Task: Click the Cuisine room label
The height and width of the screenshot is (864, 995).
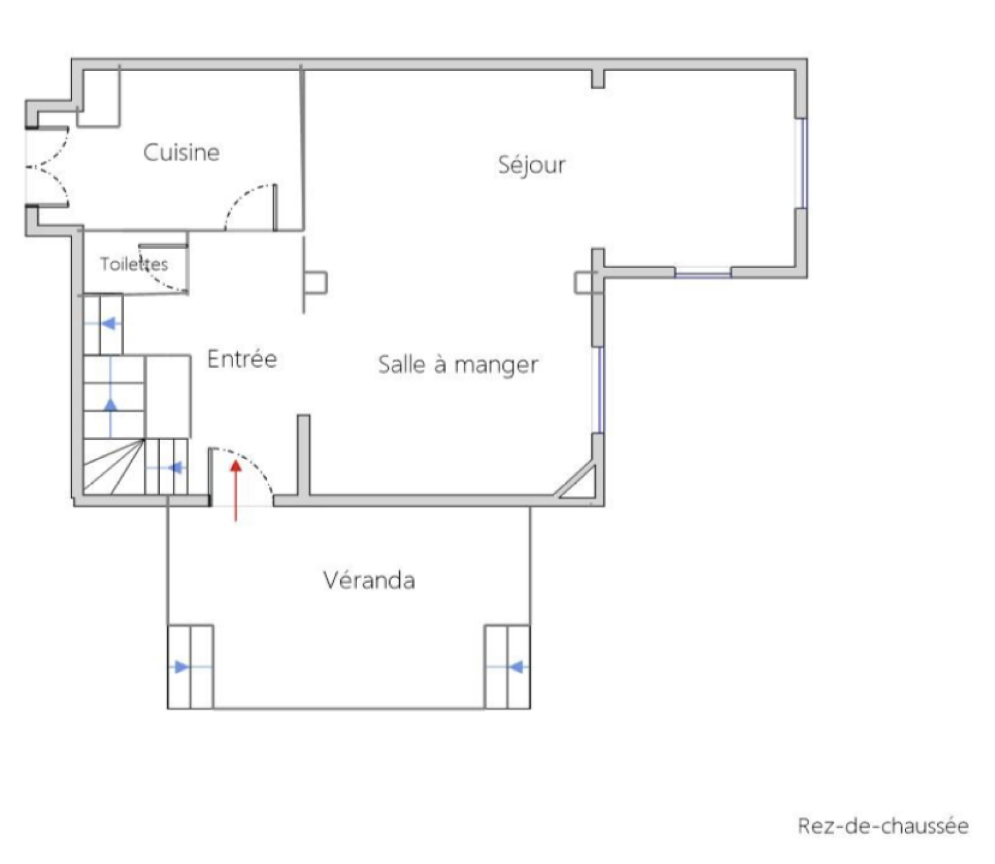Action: pos(182,152)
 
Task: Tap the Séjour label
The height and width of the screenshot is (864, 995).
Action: pos(532,165)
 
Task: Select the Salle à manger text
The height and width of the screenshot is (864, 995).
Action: pos(458,365)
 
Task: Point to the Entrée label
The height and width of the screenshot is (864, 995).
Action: pos(242,359)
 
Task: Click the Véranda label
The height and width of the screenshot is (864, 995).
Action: pos(369,580)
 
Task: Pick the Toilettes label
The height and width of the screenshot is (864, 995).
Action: pos(134,264)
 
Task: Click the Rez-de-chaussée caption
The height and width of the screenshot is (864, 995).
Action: pos(883,826)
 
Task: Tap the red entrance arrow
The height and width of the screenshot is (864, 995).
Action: pos(236,490)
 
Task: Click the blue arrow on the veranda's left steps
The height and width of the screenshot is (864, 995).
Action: pos(180,667)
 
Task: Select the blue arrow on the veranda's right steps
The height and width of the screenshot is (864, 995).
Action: pos(515,667)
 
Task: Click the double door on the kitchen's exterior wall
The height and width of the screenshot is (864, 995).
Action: pos(48,167)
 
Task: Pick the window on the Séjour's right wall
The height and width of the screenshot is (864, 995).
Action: pos(803,163)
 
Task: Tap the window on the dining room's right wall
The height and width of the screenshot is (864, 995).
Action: pos(599,390)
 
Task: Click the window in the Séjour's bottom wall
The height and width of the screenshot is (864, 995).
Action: pos(703,272)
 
